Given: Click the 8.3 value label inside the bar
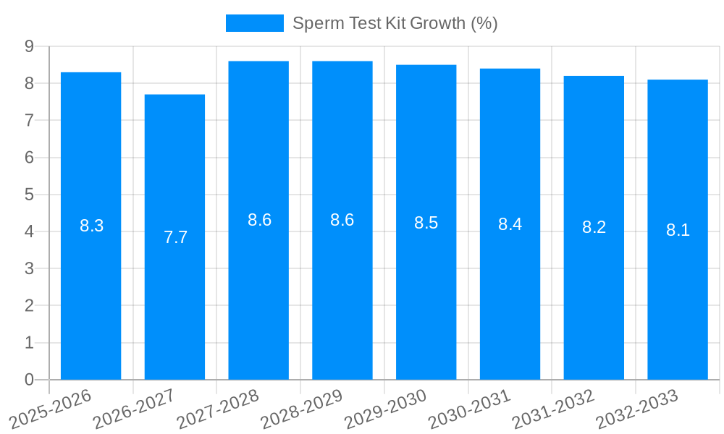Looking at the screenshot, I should point(91,226).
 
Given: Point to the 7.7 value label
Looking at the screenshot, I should point(175,237).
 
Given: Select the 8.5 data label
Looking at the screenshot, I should point(426,223).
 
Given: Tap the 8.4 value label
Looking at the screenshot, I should point(510,224).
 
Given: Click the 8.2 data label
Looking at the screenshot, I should point(594,227).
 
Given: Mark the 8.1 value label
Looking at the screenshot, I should point(678,230).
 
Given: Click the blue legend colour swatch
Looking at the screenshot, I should point(254,23).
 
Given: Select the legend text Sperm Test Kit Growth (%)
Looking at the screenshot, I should point(395,23).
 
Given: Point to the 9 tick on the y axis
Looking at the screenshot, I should point(29,46).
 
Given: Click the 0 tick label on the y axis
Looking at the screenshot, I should point(29,380).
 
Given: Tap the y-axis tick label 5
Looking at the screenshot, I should point(29,195).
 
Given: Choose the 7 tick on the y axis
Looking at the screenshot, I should point(29,120).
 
